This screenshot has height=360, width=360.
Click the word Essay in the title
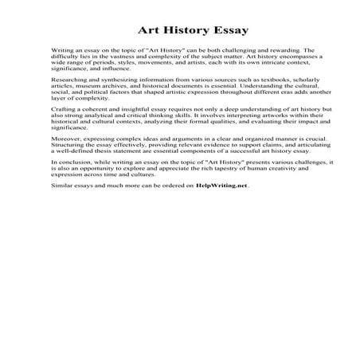(228, 31)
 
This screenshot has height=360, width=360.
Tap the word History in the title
(181, 31)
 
